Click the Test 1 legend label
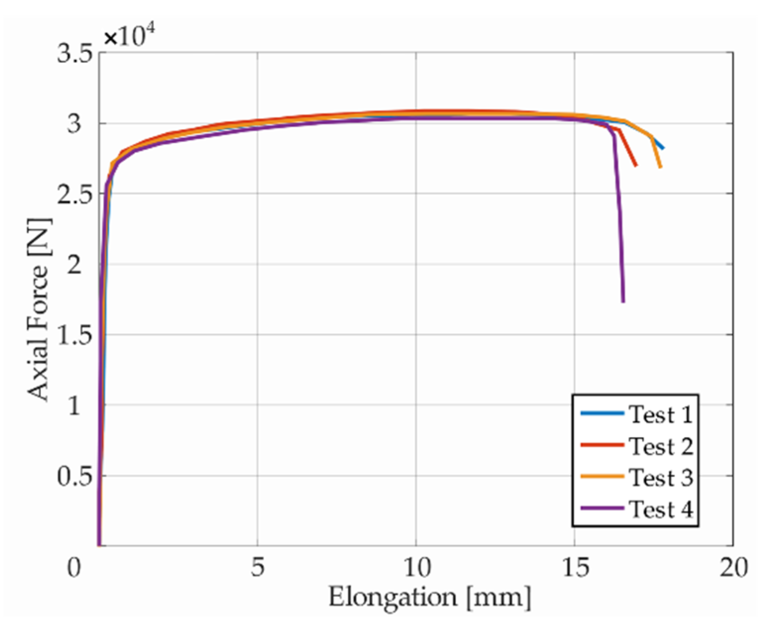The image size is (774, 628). coord(660,414)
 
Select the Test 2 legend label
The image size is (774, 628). coord(660,446)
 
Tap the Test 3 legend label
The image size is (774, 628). coord(660,478)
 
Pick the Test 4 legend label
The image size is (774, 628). coord(660,509)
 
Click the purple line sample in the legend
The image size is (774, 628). coord(602,508)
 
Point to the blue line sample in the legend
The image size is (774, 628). coord(602,413)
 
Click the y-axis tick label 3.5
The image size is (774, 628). coord(75,53)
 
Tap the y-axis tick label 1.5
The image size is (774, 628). coord(75,335)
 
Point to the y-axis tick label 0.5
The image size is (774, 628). coord(75,476)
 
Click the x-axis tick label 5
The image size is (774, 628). coord(257,568)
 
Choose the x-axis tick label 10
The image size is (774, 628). coord(415,568)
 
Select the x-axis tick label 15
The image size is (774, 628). coord(574,568)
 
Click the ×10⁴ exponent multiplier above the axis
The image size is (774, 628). coord(129,36)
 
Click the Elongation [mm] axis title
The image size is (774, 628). coord(429,597)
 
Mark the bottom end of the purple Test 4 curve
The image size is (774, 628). coord(623,301)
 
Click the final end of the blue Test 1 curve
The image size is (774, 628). coord(663,148)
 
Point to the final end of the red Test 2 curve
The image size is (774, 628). coord(636,165)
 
